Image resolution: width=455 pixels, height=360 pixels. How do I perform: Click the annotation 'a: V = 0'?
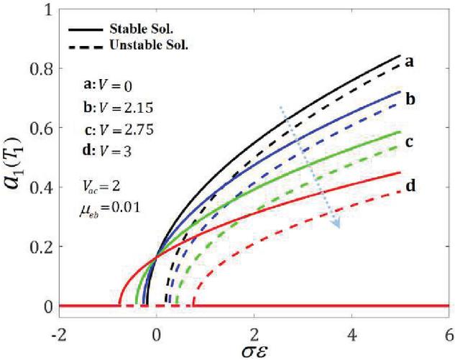[106, 84]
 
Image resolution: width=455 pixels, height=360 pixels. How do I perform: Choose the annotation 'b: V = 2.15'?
[114, 107]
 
